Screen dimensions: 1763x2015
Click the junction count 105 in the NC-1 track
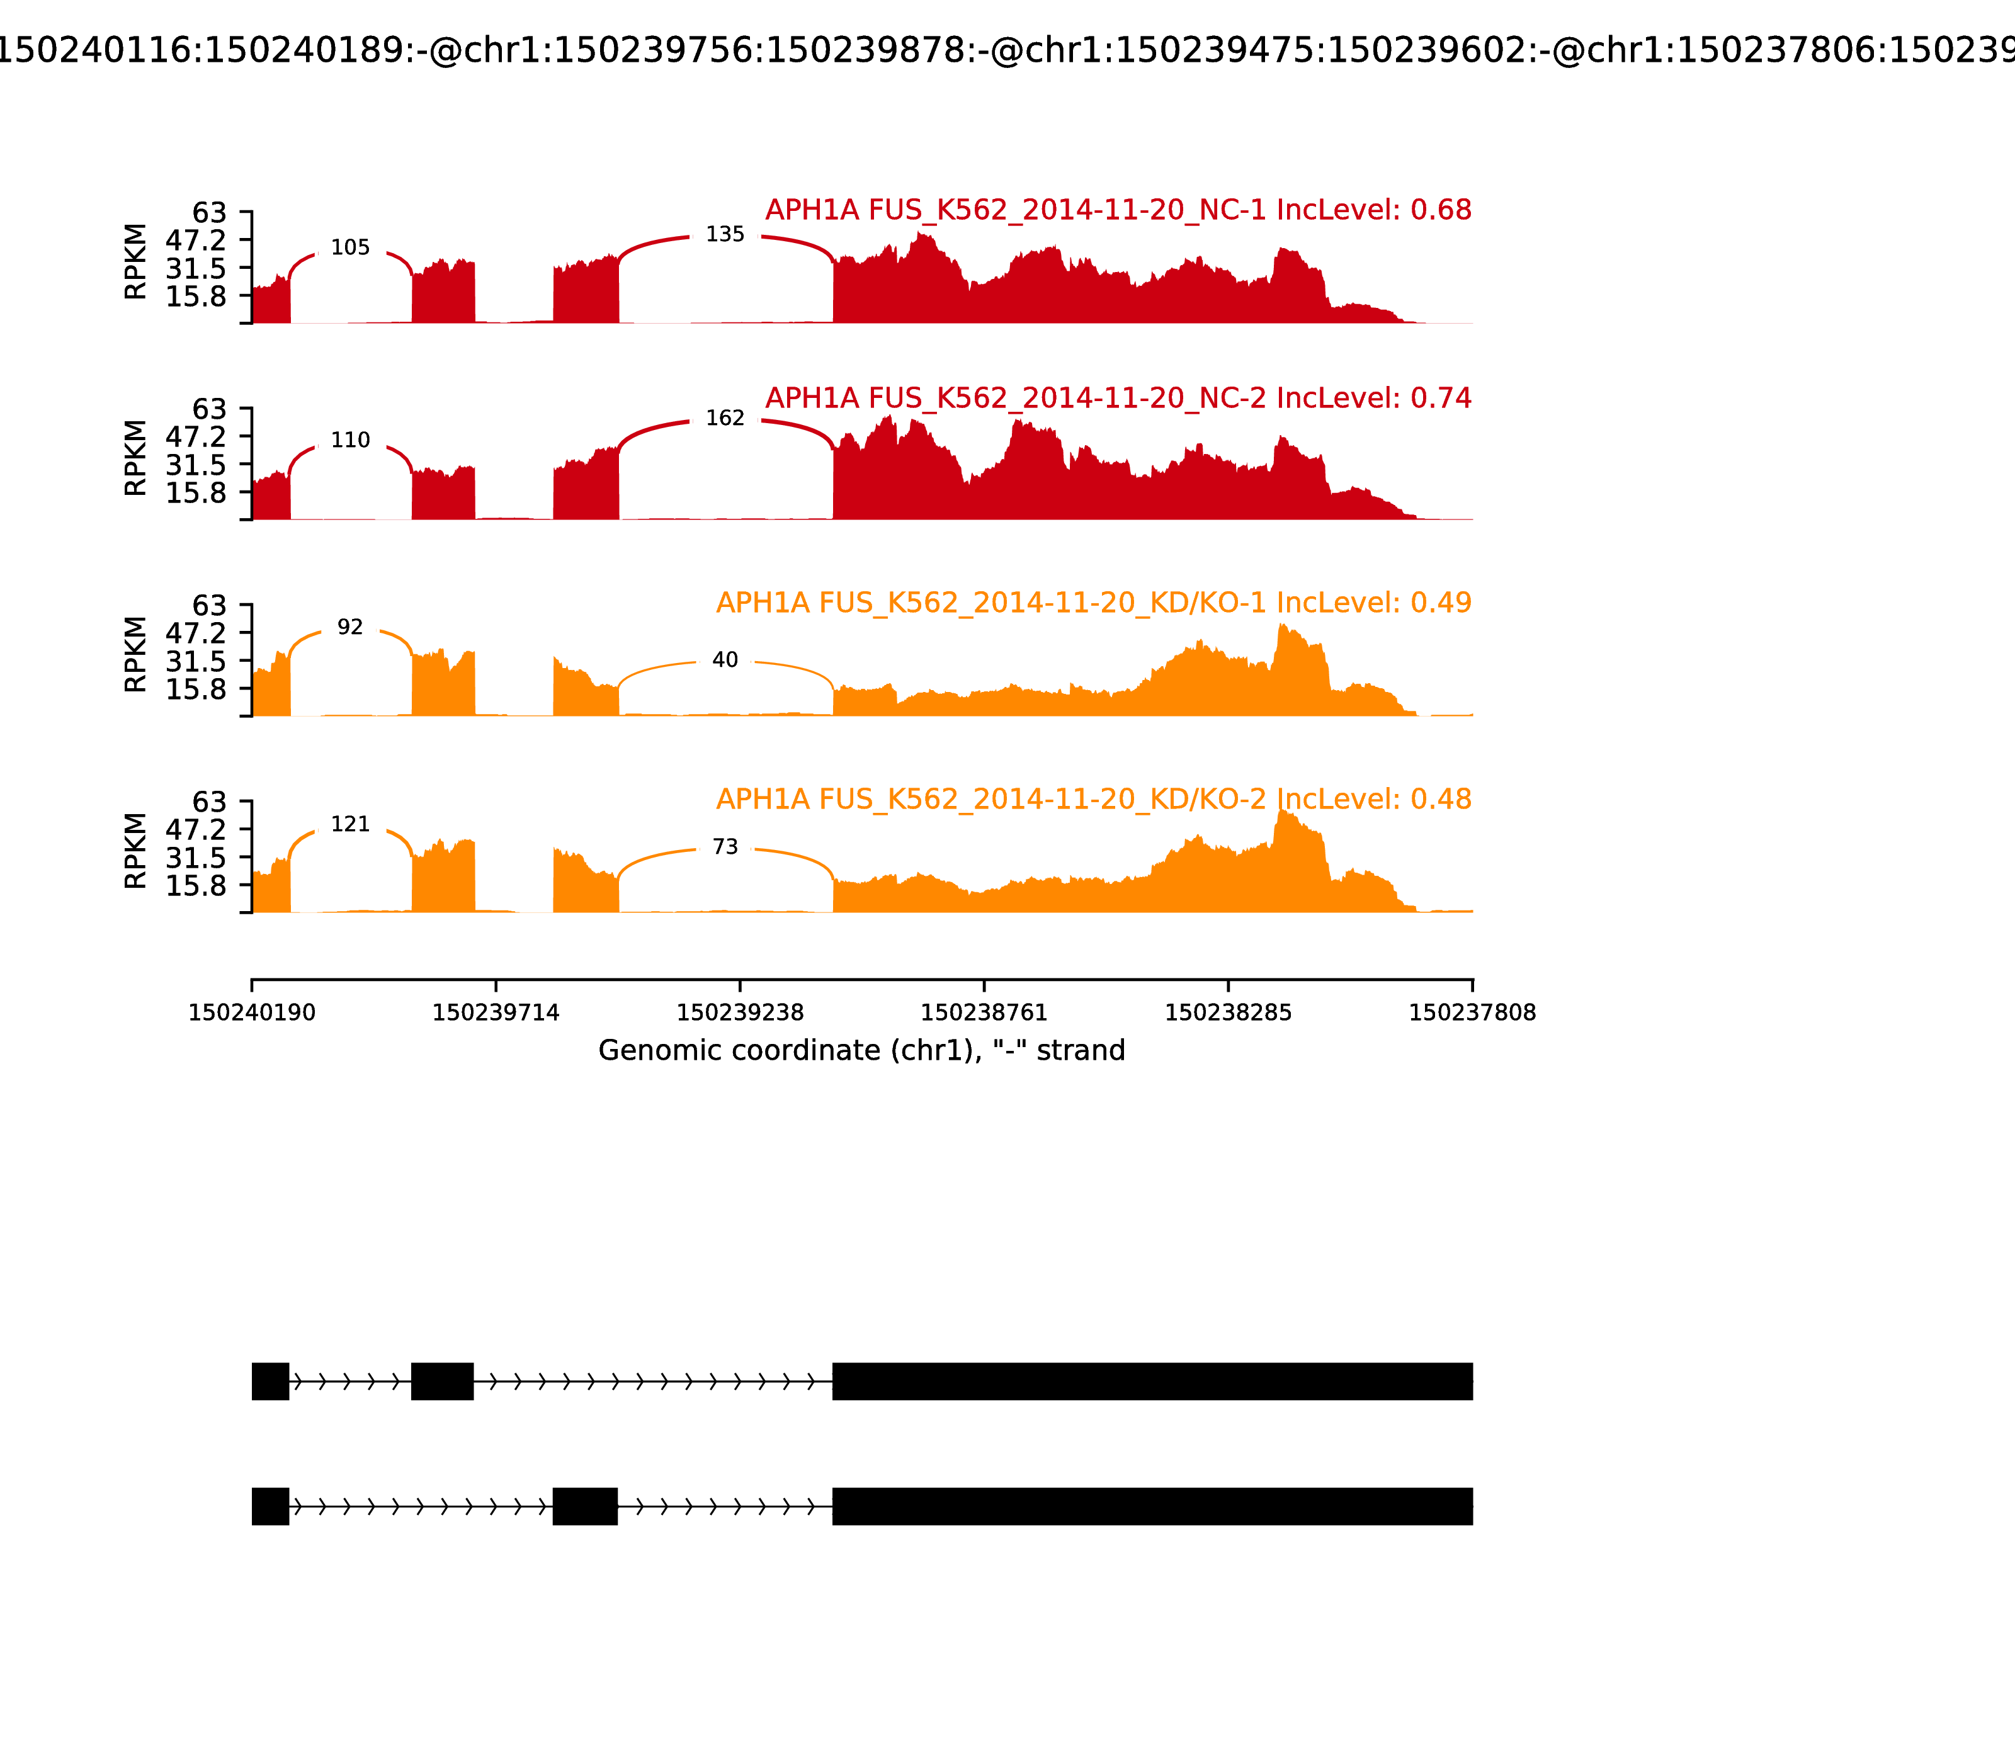tap(350, 248)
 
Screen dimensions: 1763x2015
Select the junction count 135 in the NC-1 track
tap(725, 234)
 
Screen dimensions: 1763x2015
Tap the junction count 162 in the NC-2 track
tap(725, 418)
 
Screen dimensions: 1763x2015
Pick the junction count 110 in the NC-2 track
tap(350, 441)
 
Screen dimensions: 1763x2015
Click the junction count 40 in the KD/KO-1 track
tap(725, 660)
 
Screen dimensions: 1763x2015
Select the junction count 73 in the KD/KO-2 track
tap(725, 847)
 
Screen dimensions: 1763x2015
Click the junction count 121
tap(350, 824)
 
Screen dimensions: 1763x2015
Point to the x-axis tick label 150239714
tap(496, 1013)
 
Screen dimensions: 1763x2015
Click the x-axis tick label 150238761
tap(984, 1013)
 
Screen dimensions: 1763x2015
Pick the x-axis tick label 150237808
tap(1472, 1013)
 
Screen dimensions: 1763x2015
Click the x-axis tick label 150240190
tap(252, 1013)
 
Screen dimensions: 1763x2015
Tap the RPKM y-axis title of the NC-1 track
tap(136, 262)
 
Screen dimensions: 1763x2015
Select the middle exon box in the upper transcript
tap(443, 1381)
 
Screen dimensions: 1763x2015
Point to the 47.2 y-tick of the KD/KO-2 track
tap(196, 829)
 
